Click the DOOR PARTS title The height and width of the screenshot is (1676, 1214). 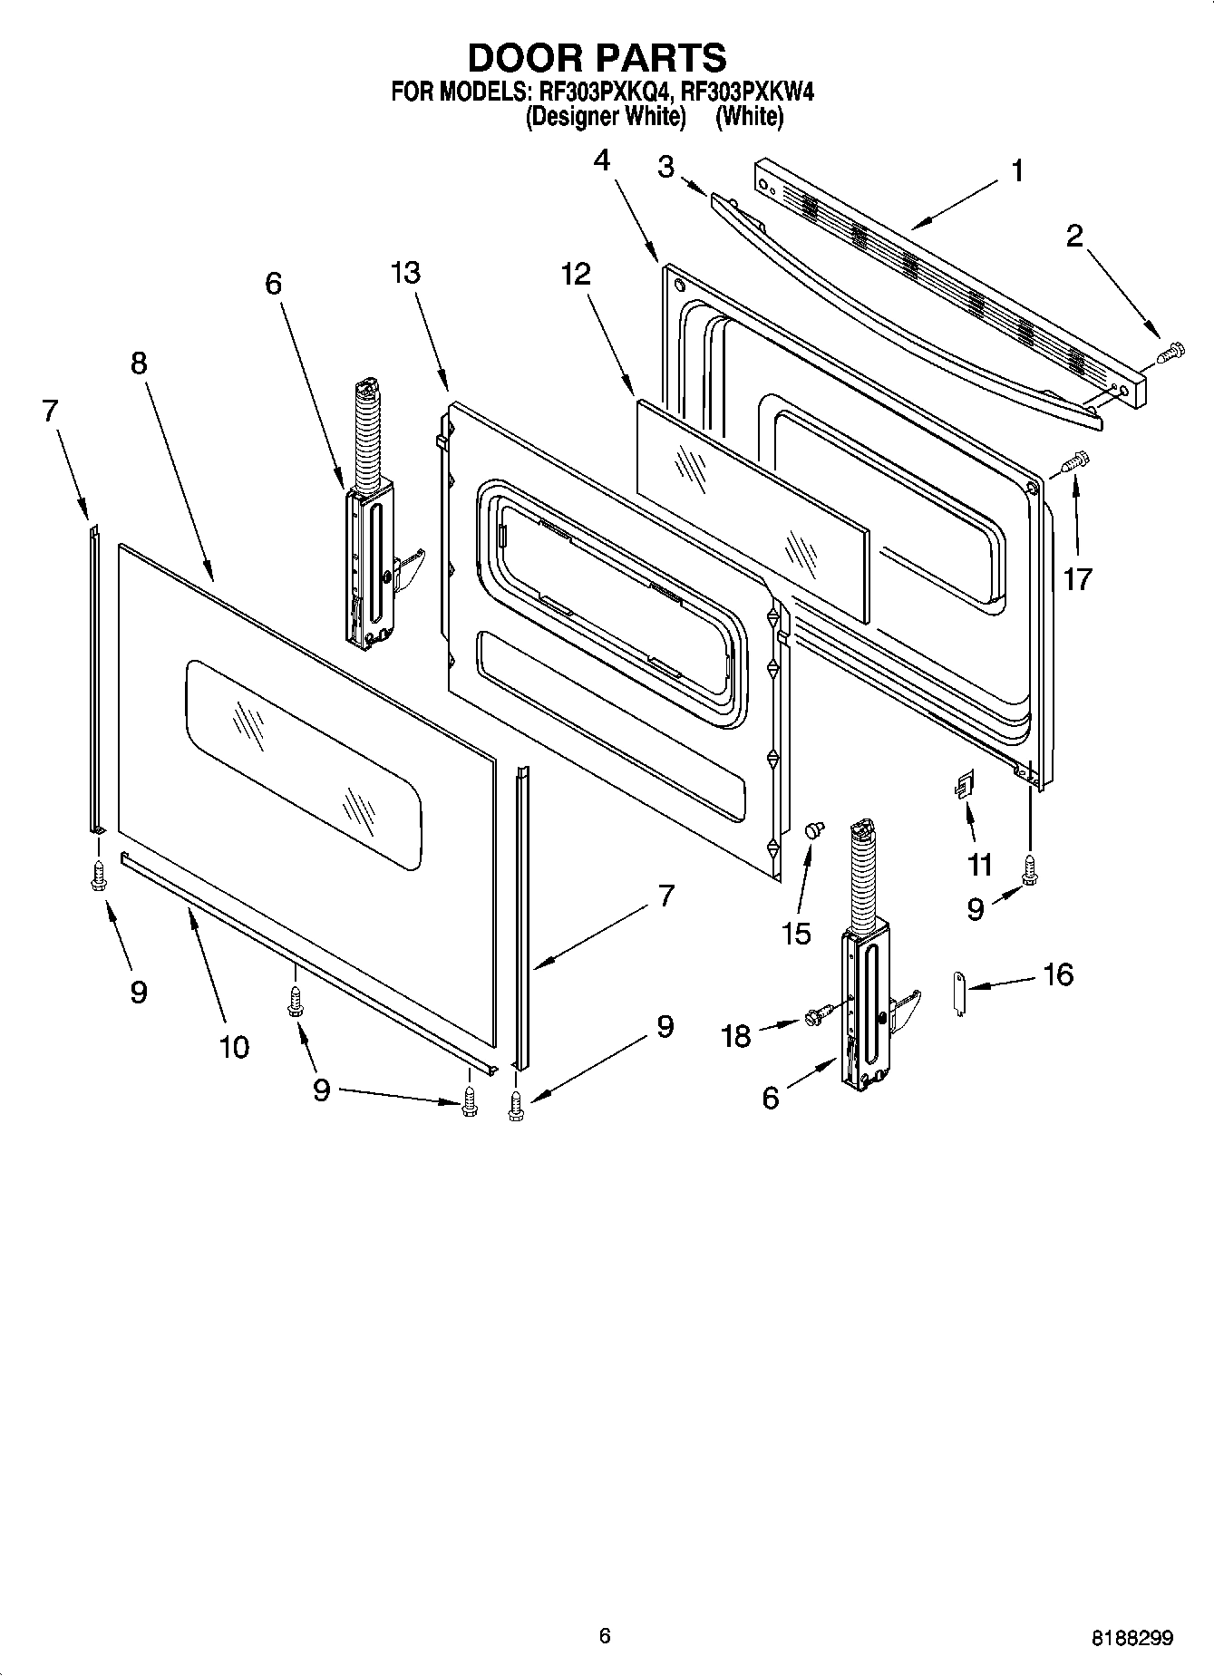[597, 57]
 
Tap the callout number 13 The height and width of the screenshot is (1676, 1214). [406, 272]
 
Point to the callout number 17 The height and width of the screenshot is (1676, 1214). [1078, 578]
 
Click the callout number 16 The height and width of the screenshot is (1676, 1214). [1057, 974]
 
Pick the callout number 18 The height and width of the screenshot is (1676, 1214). [736, 1036]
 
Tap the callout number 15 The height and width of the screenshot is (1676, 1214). [796, 933]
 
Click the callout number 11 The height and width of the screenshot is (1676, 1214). [979, 865]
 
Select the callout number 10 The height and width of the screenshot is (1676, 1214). [233, 1047]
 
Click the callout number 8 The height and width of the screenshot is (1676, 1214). [138, 363]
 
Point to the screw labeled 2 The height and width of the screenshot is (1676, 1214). [1170, 350]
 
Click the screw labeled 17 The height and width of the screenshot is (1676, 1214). [1075, 462]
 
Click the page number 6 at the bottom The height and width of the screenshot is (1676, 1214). [605, 1635]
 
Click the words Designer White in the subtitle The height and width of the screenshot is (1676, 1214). [604, 116]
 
